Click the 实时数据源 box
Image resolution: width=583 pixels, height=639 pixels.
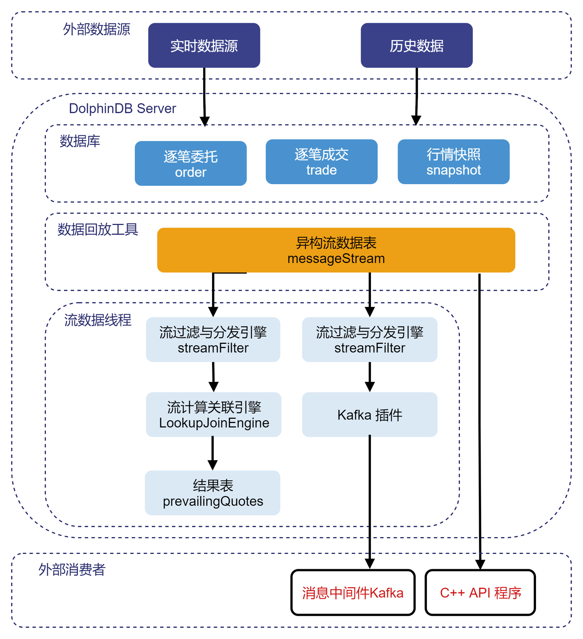coord(204,45)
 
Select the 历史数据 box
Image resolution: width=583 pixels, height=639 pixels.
coord(416,45)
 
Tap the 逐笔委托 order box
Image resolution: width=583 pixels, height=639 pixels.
coord(191,163)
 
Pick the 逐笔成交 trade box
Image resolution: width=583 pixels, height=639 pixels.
coord(321,162)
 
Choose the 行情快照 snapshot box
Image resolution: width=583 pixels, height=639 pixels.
coord(454,162)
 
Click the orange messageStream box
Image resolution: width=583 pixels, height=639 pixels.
coord(336,250)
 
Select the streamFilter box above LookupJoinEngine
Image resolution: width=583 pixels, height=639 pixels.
coord(213,339)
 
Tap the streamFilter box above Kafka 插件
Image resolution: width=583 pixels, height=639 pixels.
coord(370,339)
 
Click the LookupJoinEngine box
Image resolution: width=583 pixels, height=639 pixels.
coord(214,414)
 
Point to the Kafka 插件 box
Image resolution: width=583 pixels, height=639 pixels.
coord(370,414)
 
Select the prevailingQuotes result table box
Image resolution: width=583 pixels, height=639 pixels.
coord(212,493)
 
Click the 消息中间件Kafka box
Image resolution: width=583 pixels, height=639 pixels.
coord(353,592)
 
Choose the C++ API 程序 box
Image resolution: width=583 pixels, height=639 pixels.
coord(480,592)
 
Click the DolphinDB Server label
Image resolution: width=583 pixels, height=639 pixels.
coord(122,109)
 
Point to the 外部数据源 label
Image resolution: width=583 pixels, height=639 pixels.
coord(96,29)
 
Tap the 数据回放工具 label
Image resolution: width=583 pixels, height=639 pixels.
coord(98,229)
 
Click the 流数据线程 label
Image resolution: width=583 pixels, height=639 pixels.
coord(98,320)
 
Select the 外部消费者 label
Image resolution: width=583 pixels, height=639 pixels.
coord(72,569)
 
